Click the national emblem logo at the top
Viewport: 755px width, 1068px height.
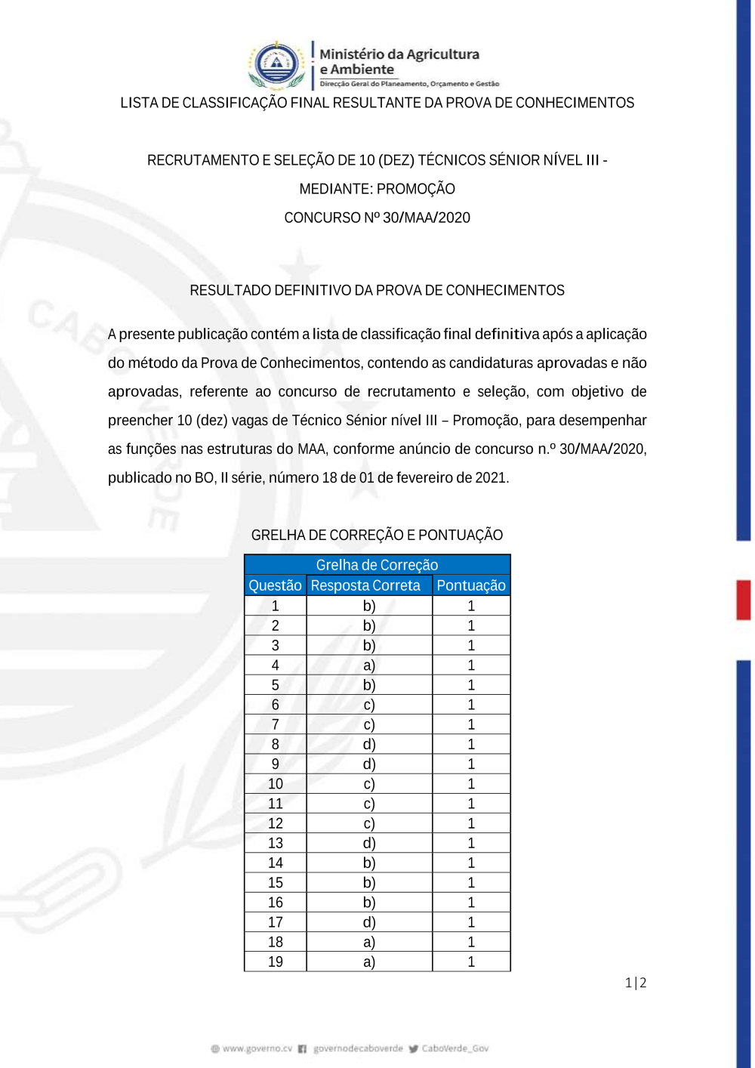coord(277,64)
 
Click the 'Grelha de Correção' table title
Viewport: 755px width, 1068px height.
coord(377,565)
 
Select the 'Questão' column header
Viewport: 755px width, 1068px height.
coord(275,585)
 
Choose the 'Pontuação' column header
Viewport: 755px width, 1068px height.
coord(471,585)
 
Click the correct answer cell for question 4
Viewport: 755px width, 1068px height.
coord(369,665)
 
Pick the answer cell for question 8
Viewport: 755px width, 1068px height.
coord(369,745)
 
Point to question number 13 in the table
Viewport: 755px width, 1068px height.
coord(276,844)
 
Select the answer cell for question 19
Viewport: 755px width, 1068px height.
coord(369,962)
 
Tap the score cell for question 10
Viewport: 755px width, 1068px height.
coord(471,784)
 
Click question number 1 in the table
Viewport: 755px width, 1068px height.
coord(276,606)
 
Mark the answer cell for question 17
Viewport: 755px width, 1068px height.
coord(369,922)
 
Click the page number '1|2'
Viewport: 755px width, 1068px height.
coord(636,983)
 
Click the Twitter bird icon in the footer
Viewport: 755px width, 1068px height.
coord(414,1048)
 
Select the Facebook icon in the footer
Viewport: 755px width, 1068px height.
coord(302,1048)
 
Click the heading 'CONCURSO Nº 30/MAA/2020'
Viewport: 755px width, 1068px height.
coord(377,218)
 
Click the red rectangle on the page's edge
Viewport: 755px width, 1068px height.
coord(744,600)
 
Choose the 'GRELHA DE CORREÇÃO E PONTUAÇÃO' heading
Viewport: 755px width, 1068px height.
coord(377,535)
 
